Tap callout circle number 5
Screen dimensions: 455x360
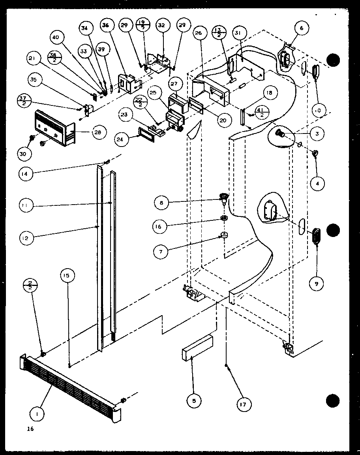194,401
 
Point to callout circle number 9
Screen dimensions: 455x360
317,283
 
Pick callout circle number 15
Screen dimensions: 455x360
67,276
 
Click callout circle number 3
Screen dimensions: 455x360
317,133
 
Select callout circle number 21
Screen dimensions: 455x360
33,59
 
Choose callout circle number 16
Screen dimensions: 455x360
161,226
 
